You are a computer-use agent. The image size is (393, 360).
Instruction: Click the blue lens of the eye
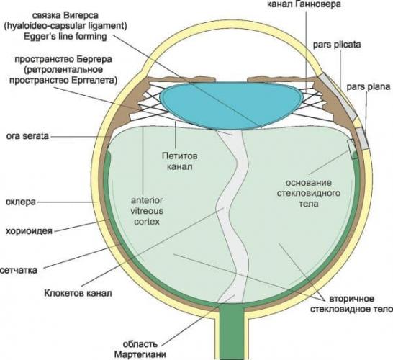pos(231,105)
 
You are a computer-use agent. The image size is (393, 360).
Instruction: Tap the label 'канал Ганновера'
pos(304,4)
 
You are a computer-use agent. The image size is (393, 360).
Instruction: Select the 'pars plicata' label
pos(337,45)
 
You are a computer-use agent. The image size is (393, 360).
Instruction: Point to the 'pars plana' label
pos(369,87)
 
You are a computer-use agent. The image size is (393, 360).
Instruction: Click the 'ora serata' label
pos(27,136)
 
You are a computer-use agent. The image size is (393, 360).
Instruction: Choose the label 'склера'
pos(21,202)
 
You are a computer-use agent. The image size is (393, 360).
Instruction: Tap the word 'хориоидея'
pos(29,230)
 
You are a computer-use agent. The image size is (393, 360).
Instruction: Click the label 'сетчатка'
pos(19,270)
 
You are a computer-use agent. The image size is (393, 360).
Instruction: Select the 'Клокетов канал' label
pos(78,293)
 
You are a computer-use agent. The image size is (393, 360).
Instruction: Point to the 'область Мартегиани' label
pos(140,349)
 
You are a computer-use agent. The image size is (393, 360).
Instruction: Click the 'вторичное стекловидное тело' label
pos(351,304)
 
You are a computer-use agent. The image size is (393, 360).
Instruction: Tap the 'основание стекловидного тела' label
pos(309,193)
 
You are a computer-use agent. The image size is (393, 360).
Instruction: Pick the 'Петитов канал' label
pos(180,161)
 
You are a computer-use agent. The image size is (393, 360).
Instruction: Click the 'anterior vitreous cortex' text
pos(147,211)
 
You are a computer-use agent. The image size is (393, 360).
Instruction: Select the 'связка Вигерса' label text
pos(65,16)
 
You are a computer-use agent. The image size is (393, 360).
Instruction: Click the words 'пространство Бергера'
pos(63,60)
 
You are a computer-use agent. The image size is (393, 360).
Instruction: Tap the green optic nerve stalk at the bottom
pos(231,331)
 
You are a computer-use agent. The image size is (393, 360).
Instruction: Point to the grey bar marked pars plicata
pos(338,96)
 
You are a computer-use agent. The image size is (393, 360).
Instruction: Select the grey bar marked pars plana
pos(362,138)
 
